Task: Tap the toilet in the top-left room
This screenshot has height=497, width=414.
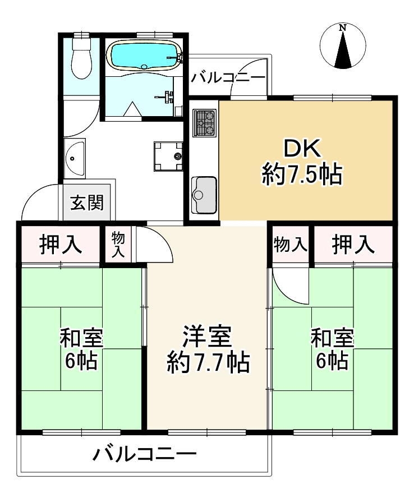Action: [81, 59]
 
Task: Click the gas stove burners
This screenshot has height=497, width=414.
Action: [204, 123]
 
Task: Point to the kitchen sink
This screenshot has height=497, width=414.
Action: [204, 194]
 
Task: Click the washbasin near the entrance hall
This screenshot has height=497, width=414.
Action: [74, 159]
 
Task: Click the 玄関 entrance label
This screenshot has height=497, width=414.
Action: [87, 202]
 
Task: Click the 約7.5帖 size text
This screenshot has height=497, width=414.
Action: [301, 175]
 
